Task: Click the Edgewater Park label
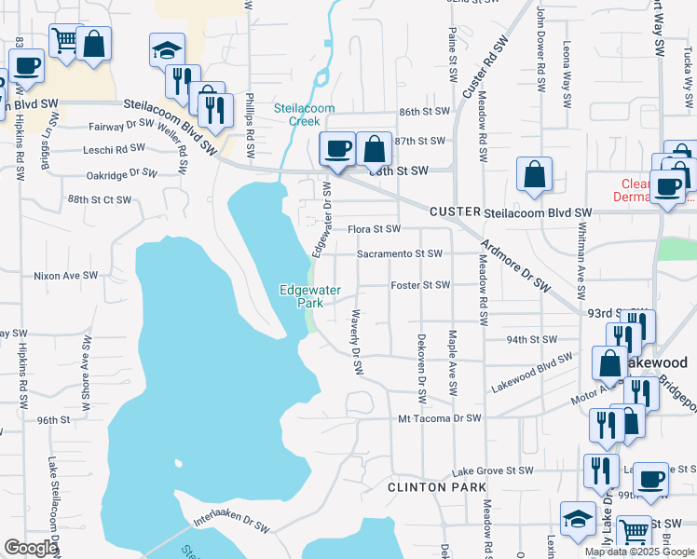coord(301,295)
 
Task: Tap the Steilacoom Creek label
coord(304,115)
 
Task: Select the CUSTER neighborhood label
coord(454,212)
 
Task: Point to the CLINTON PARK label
coord(438,487)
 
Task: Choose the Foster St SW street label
coord(420,285)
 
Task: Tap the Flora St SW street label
coord(374,229)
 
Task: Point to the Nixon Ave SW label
coord(65,276)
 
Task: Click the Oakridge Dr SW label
coord(122,173)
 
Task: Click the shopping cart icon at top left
coord(64,41)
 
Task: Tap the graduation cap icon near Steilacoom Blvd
coord(167,49)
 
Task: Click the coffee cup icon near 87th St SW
coord(336,147)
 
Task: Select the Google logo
coord(31,548)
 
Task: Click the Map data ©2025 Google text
coord(640,552)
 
